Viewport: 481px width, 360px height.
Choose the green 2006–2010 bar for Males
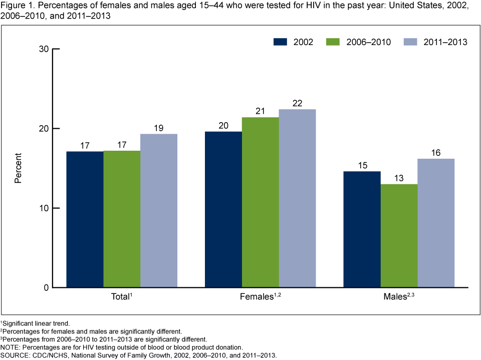pos(399,236)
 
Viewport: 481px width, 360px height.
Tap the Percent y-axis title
pos(18,168)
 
